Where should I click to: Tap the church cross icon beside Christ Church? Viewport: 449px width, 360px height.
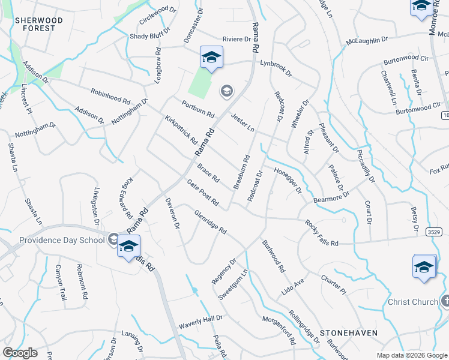445,301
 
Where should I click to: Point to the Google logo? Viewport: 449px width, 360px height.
20,352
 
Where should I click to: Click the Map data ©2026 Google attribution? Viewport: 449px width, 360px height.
412,355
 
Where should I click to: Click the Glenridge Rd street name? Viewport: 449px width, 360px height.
210,222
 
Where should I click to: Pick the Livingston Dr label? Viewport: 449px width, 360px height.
97,206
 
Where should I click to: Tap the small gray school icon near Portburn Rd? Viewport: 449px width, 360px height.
226,91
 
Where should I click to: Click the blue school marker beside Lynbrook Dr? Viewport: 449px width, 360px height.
211,58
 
